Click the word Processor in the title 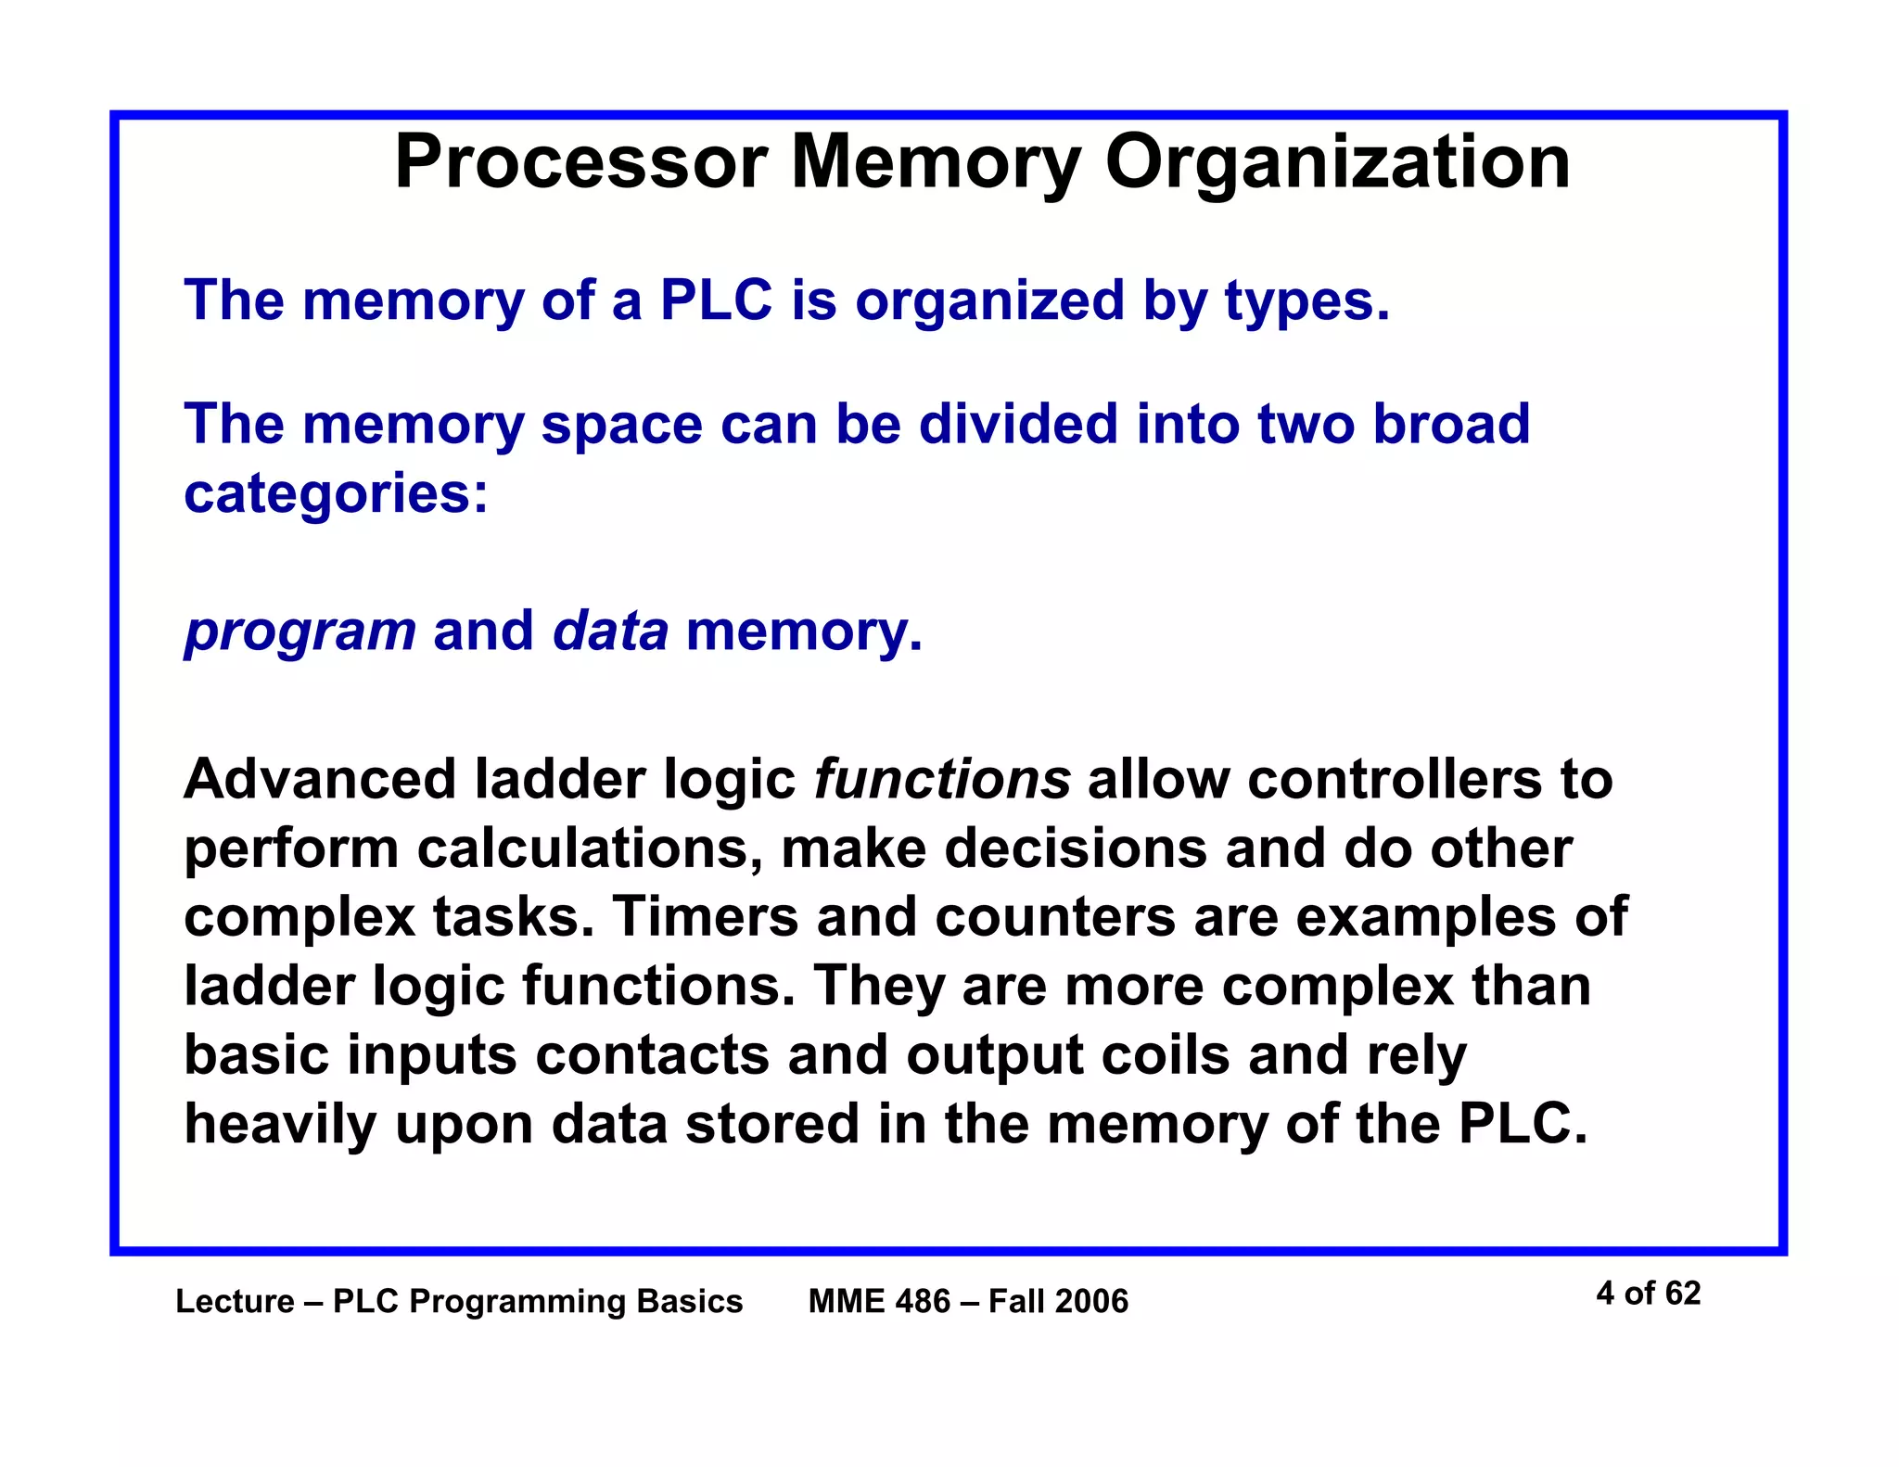[580, 162]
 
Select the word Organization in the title [1337, 164]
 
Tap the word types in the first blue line [1306, 302]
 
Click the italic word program [300, 632]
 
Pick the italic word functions [942, 779]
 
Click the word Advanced [320, 779]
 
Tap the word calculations [590, 848]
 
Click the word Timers [706, 917]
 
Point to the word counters [1055, 917]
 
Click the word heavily [280, 1125]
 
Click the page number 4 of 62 [1648, 1294]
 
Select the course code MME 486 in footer [879, 1302]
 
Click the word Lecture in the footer [235, 1302]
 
